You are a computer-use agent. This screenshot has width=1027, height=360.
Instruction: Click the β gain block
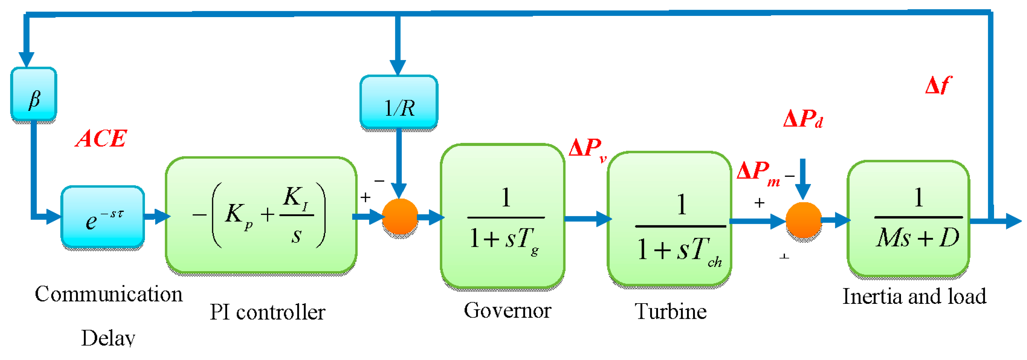[x=34, y=94]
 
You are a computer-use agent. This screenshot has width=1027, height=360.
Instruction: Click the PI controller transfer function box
[x=261, y=215]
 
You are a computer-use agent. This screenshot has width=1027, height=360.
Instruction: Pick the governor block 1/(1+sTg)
[x=502, y=216]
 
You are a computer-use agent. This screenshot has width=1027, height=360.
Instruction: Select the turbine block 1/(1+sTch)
[x=669, y=219]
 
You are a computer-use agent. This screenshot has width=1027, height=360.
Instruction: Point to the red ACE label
[x=101, y=139]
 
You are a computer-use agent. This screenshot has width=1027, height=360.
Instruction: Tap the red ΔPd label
[x=803, y=119]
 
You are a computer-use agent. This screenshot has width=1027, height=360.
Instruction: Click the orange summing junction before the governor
[x=400, y=216]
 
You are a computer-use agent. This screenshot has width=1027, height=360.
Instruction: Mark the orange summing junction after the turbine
[x=803, y=220]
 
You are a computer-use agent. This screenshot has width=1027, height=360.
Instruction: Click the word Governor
[x=507, y=311]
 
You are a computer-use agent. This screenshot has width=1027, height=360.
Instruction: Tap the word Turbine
[x=671, y=311]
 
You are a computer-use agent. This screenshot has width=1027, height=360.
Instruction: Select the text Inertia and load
[x=914, y=296]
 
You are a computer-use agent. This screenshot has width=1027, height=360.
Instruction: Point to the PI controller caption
[x=268, y=312]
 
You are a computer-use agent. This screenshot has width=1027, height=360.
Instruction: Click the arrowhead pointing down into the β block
[x=26, y=60]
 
